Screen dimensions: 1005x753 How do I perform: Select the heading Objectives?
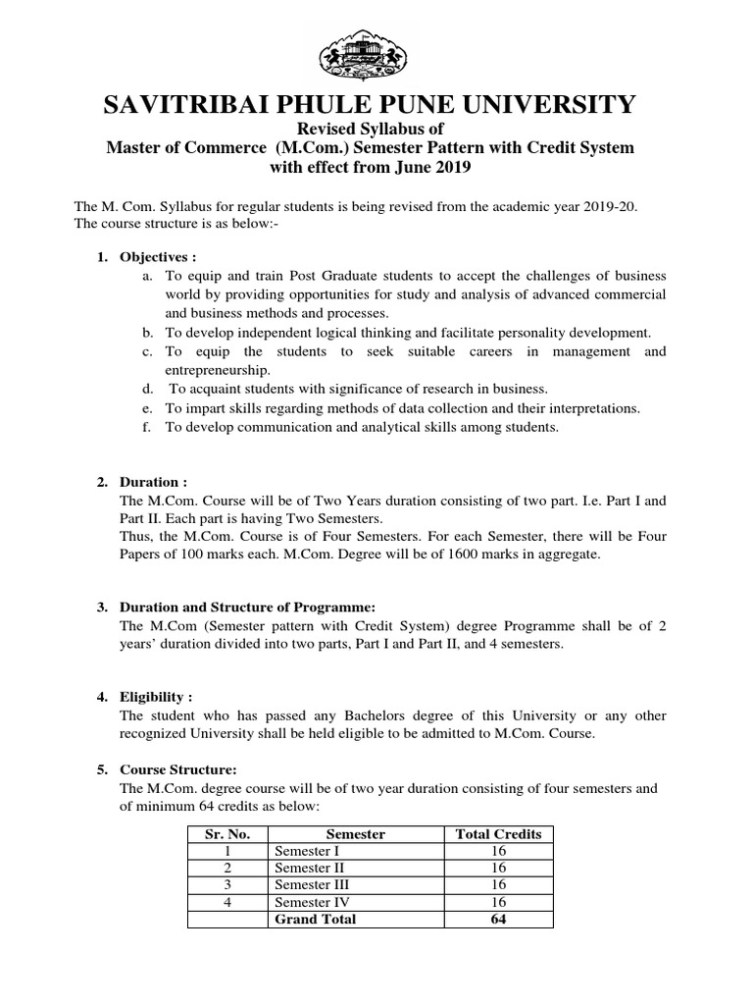(x=150, y=256)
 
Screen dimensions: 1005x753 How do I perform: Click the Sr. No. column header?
(x=227, y=833)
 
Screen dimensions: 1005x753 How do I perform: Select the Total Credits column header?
(x=498, y=833)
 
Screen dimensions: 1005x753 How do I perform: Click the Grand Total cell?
(x=315, y=920)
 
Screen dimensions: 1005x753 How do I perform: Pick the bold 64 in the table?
(x=498, y=920)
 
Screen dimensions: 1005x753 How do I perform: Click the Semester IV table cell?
(x=311, y=902)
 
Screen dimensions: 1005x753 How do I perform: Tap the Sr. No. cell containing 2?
(x=227, y=868)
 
